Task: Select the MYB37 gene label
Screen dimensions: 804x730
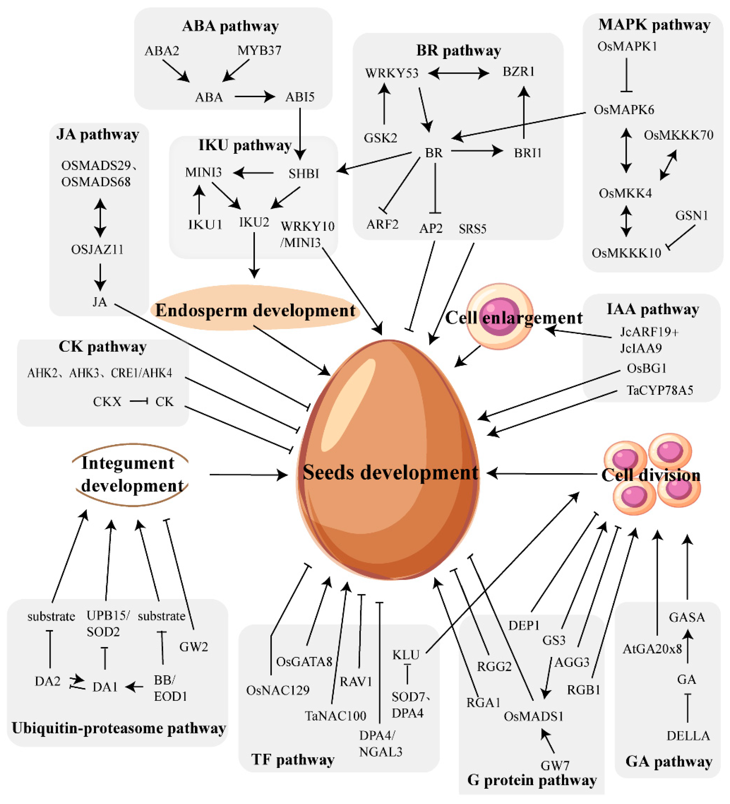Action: coord(259,51)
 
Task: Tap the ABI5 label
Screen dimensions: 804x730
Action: coord(300,97)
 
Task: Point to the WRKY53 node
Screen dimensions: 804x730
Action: coord(392,73)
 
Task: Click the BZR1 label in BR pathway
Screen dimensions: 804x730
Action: coord(518,72)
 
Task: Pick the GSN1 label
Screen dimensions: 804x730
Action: coord(691,216)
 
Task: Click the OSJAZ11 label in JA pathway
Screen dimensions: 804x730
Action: coord(97,250)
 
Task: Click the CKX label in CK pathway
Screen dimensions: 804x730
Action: coord(107,401)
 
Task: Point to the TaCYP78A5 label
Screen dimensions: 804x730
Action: coord(660,390)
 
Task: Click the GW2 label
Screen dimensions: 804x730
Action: coord(193,646)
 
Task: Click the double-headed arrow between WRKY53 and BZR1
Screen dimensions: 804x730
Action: coord(459,73)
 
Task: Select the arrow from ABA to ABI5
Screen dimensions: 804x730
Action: coord(254,97)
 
